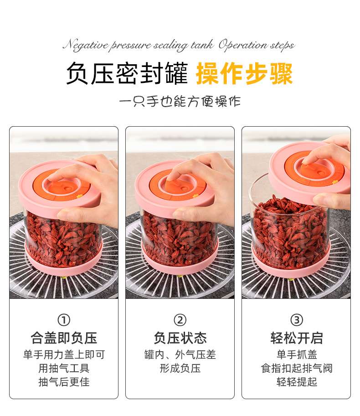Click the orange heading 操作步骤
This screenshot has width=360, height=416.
pos(244,74)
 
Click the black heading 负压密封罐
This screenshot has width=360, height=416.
pos(127,74)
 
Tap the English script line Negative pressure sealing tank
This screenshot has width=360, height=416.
pos(138,45)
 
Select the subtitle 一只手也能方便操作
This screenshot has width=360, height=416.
pos(180,102)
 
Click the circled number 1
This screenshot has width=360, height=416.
pos(64,320)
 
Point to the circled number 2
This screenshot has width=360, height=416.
pos(180,320)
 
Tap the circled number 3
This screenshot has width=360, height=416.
pos(296,320)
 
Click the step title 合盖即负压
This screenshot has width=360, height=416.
pos(64,338)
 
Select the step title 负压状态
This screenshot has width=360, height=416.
pos(180,338)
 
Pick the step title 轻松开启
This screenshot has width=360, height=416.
pos(296,338)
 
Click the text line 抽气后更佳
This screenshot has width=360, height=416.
pos(64,382)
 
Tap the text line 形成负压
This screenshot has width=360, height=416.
pos(180,368)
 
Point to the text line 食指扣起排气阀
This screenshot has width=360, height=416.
pos(296,368)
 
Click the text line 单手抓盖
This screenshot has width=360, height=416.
pos(296,354)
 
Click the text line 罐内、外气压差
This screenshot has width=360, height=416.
pos(180,354)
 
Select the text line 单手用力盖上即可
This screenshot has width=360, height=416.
pos(64,354)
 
